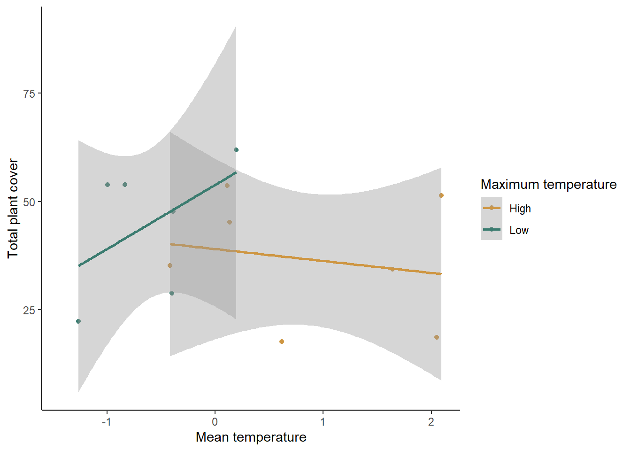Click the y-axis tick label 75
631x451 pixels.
pos(29,93)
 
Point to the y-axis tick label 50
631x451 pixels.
pos(29,202)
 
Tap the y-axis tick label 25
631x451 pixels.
pos(29,310)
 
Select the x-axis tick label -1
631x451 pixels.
pos(107,422)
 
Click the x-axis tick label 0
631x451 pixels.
pos(215,422)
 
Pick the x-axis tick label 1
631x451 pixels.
pos(323,422)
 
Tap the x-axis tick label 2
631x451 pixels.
pos(431,422)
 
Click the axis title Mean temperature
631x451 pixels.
pos(251,437)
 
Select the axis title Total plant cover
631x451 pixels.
pos(13,208)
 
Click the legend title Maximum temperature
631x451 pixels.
pos(548,184)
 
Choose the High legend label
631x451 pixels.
pos(520,209)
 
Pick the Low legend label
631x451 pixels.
pos(519,230)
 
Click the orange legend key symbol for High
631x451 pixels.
pos(492,208)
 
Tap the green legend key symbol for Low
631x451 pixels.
pos(492,229)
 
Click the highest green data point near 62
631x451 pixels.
pos(236,150)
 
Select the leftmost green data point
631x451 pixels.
pos(78,321)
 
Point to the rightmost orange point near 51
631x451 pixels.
pos(441,195)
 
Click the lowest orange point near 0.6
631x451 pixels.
pos(282,342)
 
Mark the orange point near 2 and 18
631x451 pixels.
pos(437,337)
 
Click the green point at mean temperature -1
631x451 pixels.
pos(108,185)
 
